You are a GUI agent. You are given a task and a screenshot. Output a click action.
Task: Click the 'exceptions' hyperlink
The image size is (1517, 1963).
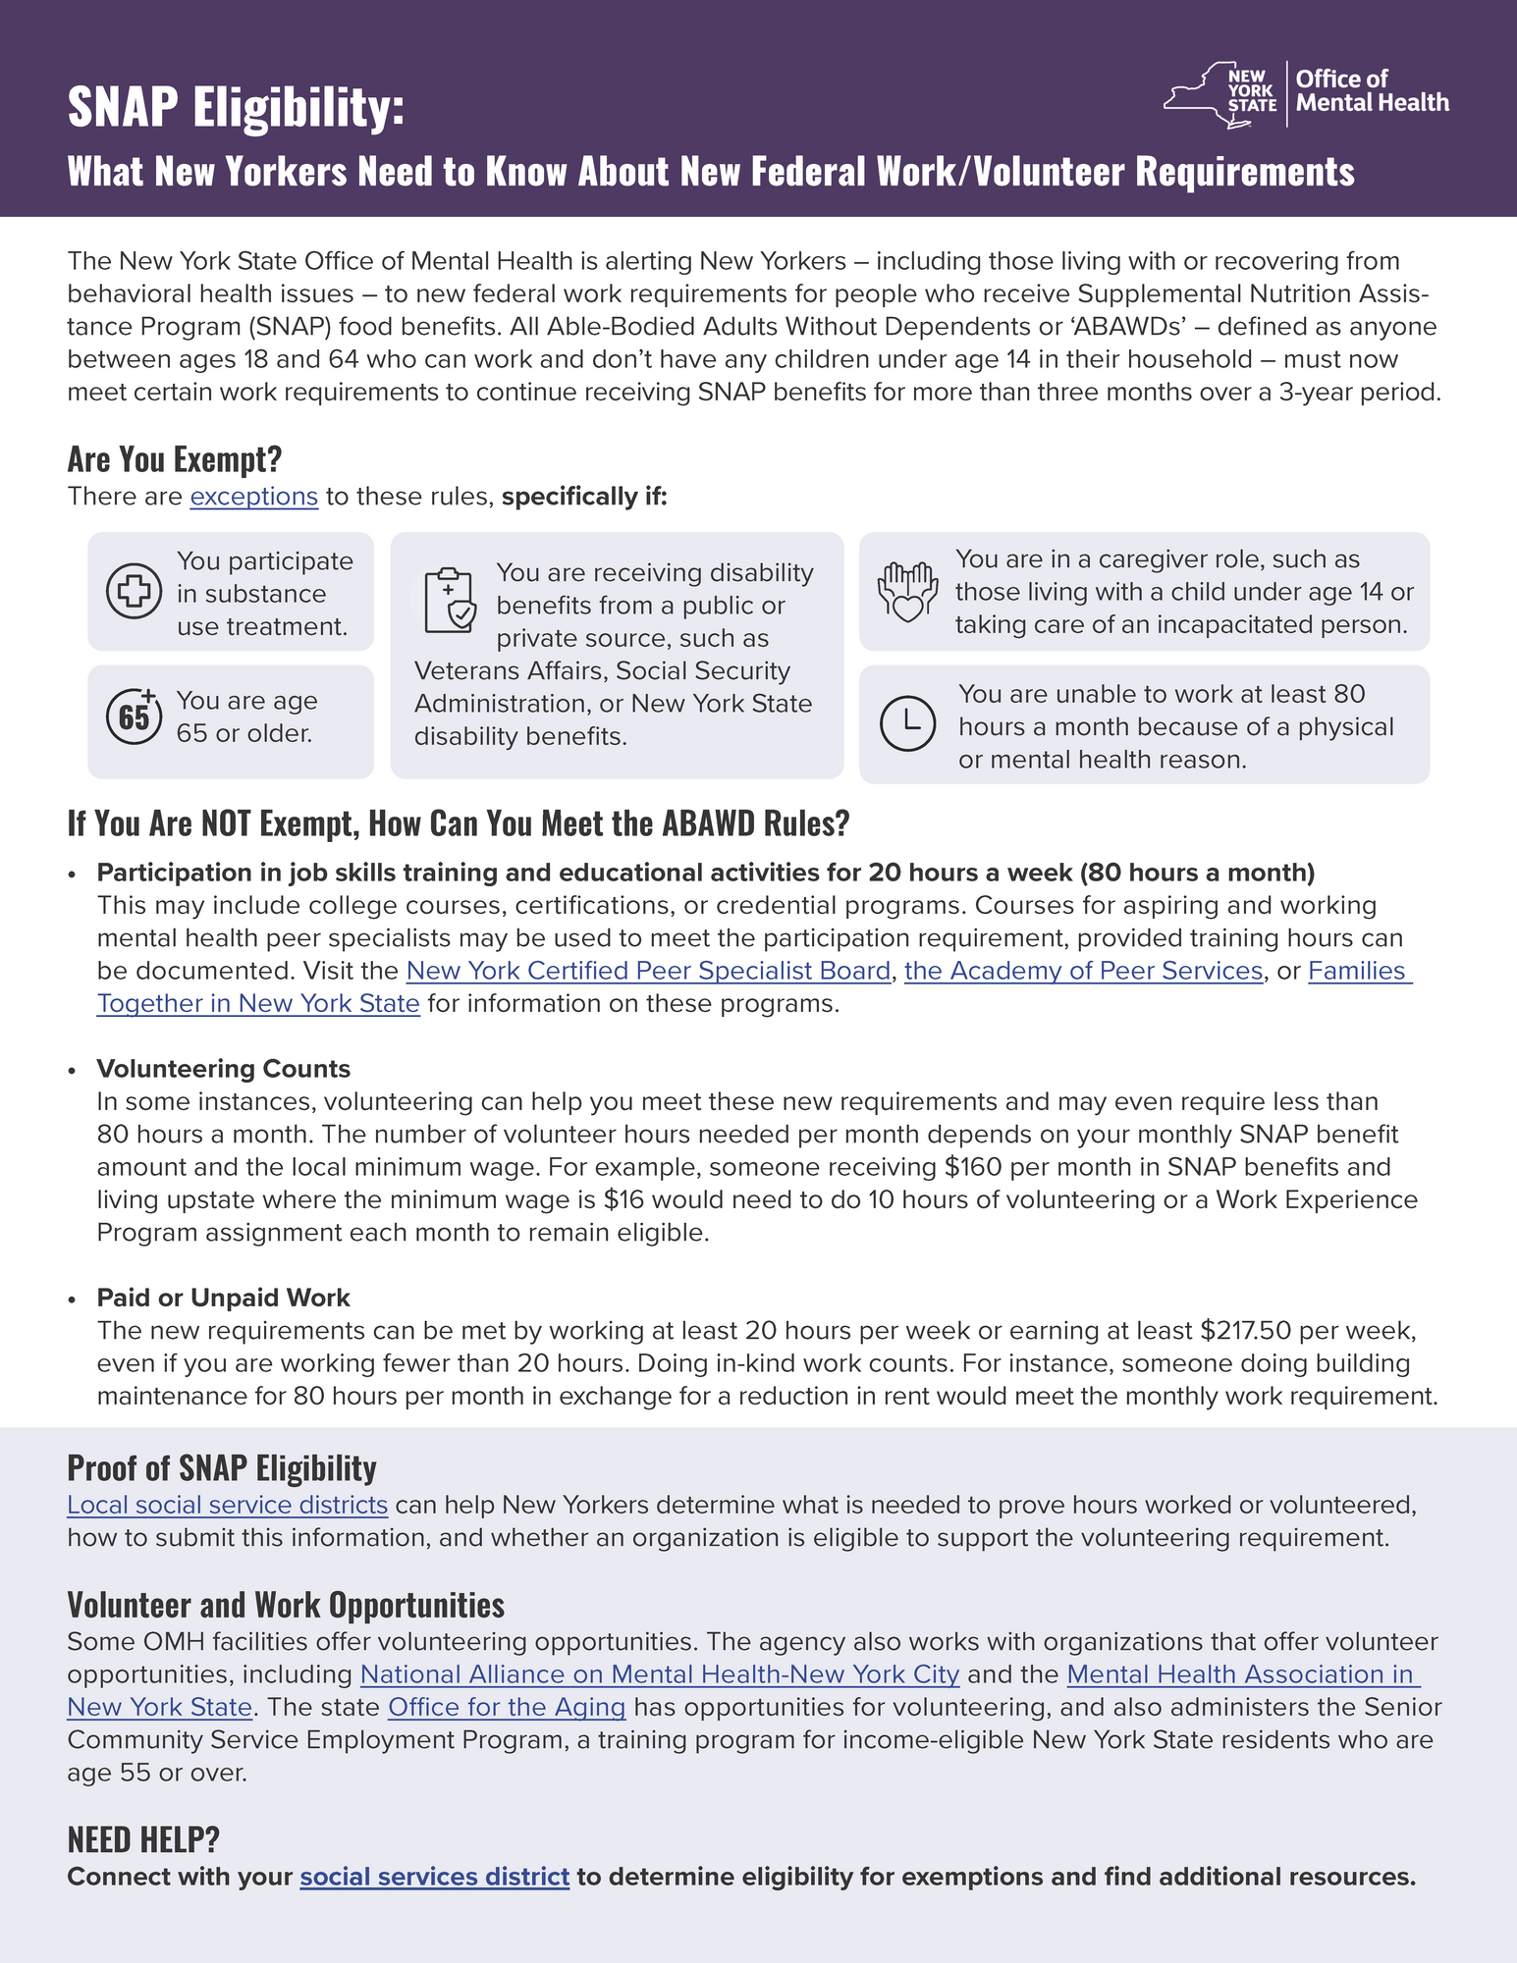[x=253, y=497]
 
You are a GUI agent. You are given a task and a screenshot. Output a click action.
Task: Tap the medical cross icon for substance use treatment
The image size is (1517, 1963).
[x=134, y=591]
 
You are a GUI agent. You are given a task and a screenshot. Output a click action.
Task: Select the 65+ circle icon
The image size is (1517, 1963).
[x=134, y=716]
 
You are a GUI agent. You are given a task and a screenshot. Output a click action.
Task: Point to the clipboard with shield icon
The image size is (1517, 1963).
[x=450, y=600]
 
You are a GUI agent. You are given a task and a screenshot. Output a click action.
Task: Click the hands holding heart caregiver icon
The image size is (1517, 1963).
[x=906, y=592]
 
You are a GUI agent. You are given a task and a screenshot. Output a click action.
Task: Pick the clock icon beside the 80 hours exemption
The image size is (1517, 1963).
[x=907, y=723]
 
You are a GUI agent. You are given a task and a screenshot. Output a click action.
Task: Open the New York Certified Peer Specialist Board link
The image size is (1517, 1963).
[x=648, y=971]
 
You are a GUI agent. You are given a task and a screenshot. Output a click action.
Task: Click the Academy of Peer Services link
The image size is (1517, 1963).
[x=1083, y=971]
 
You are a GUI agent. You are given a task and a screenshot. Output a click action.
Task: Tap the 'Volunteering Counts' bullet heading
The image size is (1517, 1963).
[x=223, y=1069]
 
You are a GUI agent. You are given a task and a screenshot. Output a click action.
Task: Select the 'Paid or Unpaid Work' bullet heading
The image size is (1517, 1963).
[x=223, y=1298]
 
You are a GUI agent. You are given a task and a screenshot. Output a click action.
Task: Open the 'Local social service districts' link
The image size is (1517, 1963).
[x=227, y=1505]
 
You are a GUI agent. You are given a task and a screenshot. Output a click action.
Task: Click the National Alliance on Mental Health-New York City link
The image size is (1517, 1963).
[x=659, y=1674]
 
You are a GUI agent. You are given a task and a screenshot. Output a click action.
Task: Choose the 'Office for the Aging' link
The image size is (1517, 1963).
[x=507, y=1707]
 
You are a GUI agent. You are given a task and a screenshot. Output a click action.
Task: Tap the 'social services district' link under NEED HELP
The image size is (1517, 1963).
[x=434, y=1877]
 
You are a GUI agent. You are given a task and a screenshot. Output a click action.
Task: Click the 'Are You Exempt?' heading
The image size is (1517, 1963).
[x=175, y=458]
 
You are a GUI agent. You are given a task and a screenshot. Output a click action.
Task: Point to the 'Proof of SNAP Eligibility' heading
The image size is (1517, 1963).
[x=222, y=1467]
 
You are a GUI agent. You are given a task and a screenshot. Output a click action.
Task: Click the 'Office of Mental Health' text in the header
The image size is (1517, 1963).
[x=1372, y=91]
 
